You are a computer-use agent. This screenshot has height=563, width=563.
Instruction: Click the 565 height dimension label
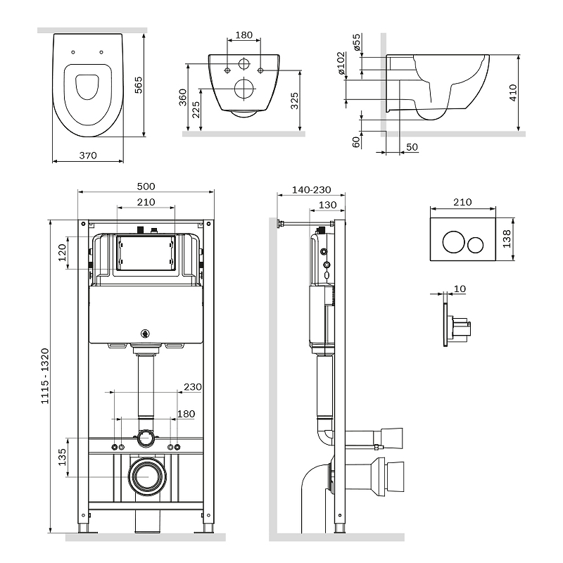pos(138,85)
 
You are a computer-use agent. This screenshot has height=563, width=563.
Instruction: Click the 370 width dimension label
pos(88,156)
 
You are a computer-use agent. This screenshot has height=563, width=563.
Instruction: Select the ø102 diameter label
pos(341,63)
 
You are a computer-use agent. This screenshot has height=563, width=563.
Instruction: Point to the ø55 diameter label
pos(357,42)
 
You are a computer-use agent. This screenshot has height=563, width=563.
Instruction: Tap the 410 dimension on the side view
pos(513,93)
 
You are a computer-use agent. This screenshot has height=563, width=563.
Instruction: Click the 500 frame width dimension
pos(146,186)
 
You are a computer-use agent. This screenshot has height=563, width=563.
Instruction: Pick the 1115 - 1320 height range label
pos(44,376)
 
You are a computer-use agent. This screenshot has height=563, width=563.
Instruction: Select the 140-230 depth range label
pos(311,189)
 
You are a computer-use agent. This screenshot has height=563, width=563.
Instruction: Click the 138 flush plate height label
pos(507,239)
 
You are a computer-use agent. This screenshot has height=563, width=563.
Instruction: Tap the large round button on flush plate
pos(453,242)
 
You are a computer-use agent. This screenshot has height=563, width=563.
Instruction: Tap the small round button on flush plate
pos(476,244)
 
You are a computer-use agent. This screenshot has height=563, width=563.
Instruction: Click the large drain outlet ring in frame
pos(148,476)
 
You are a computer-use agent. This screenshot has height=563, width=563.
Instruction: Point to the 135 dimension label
pos(62,457)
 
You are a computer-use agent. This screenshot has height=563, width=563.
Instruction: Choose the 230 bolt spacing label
pos(193,386)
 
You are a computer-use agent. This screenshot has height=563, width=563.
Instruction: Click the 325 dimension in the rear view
pos(294,101)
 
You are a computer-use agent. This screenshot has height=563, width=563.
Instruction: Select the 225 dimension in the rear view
pos(196,110)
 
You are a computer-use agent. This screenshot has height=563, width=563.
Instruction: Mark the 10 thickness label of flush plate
pos(460,289)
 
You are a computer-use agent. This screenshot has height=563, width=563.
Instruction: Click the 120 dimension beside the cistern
pos(62,253)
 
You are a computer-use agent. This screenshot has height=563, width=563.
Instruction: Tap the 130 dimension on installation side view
pos(328,205)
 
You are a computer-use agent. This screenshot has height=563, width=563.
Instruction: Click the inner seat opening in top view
pos(87,87)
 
